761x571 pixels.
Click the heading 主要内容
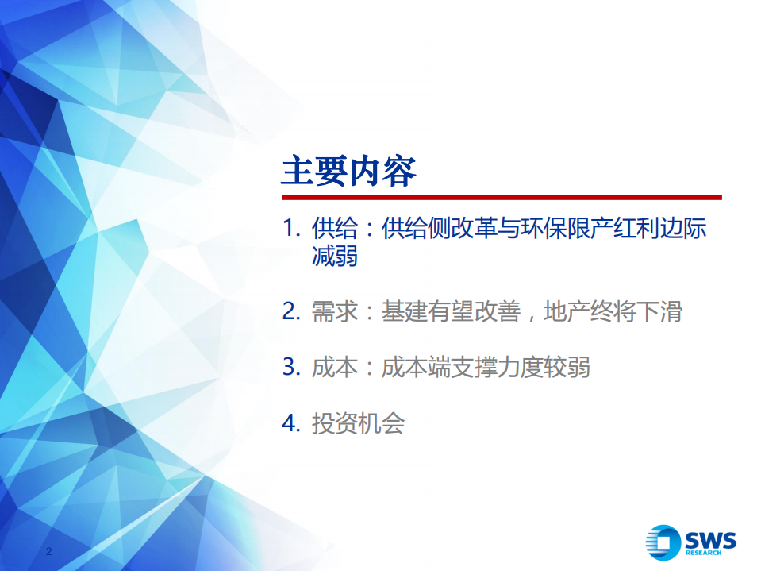point(349,172)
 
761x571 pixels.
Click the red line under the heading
point(502,198)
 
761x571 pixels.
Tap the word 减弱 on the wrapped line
point(334,257)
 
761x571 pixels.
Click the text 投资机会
point(358,424)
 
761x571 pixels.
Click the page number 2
point(50,551)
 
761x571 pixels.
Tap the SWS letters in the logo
point(711,539)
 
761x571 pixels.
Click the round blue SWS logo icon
point(663,542)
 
